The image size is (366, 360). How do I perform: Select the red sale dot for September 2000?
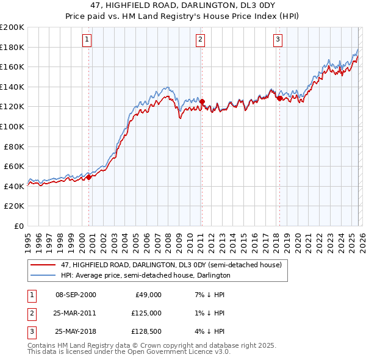click(x=88, y=177)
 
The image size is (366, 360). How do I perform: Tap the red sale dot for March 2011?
click(x=202, y=102)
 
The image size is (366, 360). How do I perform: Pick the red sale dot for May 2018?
click(x=279, y=98)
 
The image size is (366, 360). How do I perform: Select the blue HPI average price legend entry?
click(x=145, y=275)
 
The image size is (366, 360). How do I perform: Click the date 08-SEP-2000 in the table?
click(x=76, y=294)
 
